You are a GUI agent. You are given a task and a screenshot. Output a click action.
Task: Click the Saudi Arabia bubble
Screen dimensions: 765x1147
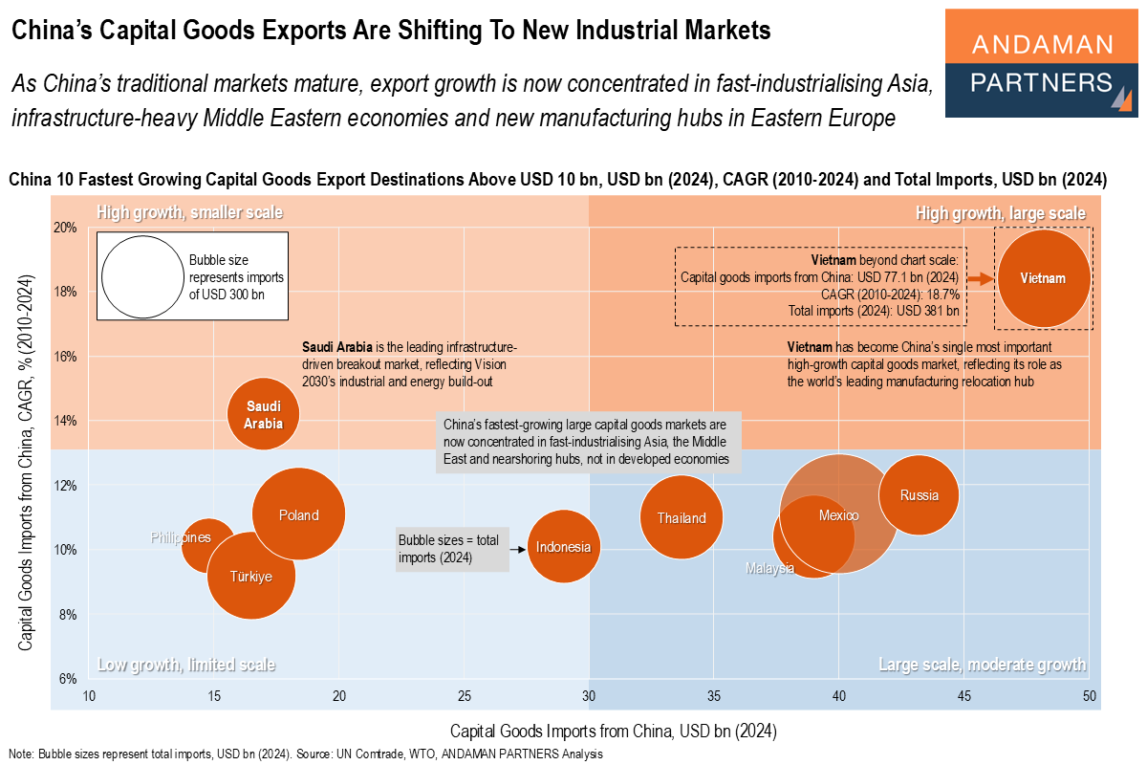point(263,414)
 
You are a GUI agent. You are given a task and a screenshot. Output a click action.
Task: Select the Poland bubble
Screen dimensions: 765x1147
point(299,514)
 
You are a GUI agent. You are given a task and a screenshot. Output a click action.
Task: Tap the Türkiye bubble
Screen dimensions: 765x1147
point(251,576)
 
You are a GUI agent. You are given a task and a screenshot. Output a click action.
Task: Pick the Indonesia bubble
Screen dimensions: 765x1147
point(564,548)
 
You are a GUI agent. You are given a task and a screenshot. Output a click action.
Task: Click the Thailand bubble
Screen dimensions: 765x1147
point(681,518)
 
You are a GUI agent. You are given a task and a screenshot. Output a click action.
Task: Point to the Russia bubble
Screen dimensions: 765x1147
point(919,495)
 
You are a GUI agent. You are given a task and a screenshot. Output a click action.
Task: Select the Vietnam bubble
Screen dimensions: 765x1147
point(1043,278)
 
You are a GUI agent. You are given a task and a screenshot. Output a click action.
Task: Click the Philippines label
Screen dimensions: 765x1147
point(181,537)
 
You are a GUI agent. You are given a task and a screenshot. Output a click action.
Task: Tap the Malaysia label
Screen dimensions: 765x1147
point(770,568)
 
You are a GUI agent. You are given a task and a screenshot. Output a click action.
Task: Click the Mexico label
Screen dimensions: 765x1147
point(838,515)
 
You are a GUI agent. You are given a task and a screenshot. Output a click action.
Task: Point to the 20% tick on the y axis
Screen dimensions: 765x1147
point(65,228)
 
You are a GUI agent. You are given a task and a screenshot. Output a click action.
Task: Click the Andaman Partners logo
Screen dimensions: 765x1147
point(1041,63)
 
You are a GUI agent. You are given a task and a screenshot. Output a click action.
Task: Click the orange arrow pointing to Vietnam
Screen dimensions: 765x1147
point(980,278)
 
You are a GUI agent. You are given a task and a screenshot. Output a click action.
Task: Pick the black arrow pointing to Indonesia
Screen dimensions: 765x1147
point(517,549)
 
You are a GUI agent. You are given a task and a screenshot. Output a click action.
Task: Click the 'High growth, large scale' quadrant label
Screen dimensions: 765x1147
point(1000,213)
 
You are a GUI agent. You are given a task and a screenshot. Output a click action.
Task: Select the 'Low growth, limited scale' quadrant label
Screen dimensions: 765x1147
point(186,665)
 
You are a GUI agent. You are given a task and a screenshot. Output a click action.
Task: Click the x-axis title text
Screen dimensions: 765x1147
point(612,731)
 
